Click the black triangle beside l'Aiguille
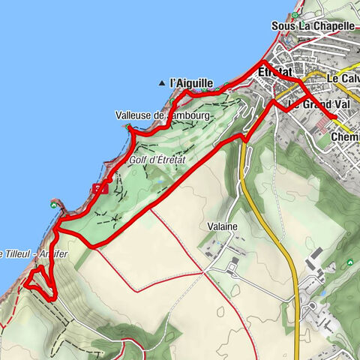(162, 82)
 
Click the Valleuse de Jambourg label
(154, 115)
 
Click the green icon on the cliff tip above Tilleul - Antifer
(52, 203)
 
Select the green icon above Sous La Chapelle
(297, 14)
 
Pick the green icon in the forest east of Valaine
(349, 262)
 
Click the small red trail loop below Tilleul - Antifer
(39, 283)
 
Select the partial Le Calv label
(343, 78)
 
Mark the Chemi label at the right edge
(345, 138)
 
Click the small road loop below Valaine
(233, 262)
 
